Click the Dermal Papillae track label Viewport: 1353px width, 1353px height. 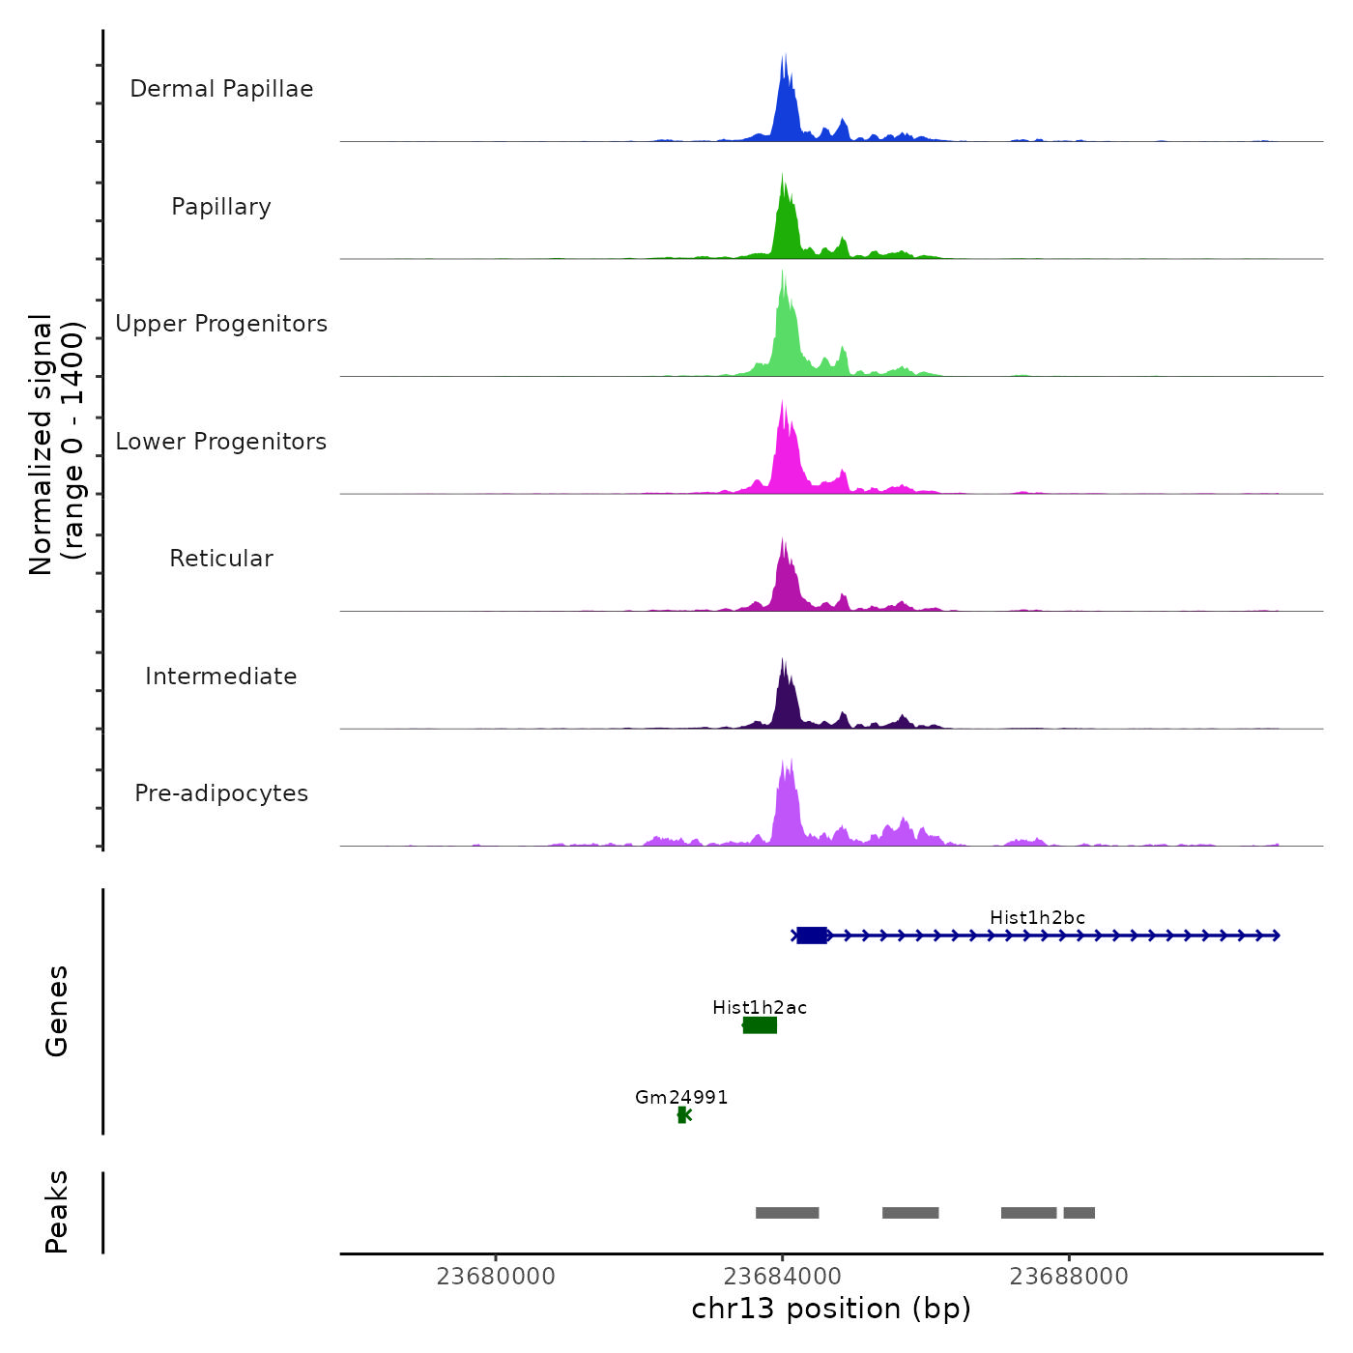coord(221,89)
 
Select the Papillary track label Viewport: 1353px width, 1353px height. coord(221,207)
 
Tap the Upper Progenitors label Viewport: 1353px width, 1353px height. coord(221,324)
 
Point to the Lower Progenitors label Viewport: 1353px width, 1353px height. coord(221,442)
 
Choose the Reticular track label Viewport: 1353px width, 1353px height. coord(221,559)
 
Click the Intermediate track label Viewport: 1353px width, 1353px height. coord(221,676)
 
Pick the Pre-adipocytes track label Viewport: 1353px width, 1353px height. coord(221,793)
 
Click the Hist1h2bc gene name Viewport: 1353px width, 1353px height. coord(1037,918)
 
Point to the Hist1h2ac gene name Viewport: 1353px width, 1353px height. coord(760,1008)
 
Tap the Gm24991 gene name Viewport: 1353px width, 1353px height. coord(681,1098)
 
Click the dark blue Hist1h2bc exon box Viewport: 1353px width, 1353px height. coord(812,936)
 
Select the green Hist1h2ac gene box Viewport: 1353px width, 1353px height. coord(760,1025)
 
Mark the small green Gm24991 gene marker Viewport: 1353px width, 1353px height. coord(683,1115)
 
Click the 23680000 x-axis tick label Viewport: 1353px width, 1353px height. coord(496,1277)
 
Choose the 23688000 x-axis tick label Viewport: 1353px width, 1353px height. coord(1069,1277)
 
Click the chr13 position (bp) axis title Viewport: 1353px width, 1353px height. coord(831,1309)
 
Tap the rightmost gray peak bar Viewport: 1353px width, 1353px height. coord(1080,1213)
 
